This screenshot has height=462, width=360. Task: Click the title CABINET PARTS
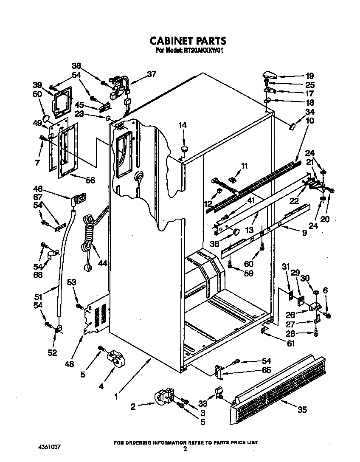tap(188, 41)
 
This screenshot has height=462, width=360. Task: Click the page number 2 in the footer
tap(185, 448)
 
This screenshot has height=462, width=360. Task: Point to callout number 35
tap(302, 410)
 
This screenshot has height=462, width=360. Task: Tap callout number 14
tap(182, 125)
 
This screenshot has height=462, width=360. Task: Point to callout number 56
tap(90, 180)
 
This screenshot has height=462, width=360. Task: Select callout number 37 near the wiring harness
tap(152, 74)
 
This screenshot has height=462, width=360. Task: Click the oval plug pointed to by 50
tap(48, 117)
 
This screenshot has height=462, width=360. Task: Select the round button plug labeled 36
tap(236, 231)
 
